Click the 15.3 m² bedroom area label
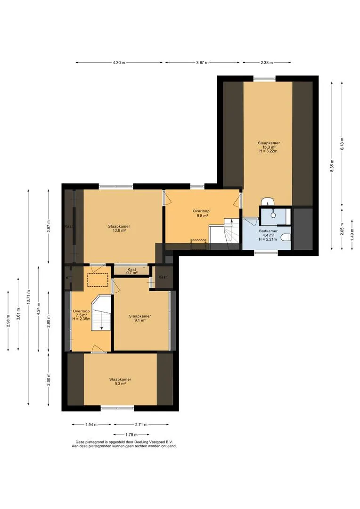pos(269,147)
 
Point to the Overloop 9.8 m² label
pos(201,213)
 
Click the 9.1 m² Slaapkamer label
pos(140,318)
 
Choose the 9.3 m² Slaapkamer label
pos(120,381)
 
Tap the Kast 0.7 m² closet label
pos(132,271)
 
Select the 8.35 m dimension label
pos(332,165)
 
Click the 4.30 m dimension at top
pos(119,63)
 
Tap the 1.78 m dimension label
pos(131,435)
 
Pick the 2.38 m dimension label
pos(267,63)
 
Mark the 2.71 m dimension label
pos(141,424)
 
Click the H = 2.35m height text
pos(81,319)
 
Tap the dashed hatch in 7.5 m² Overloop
pos(98,280)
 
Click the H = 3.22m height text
pos(269,151)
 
